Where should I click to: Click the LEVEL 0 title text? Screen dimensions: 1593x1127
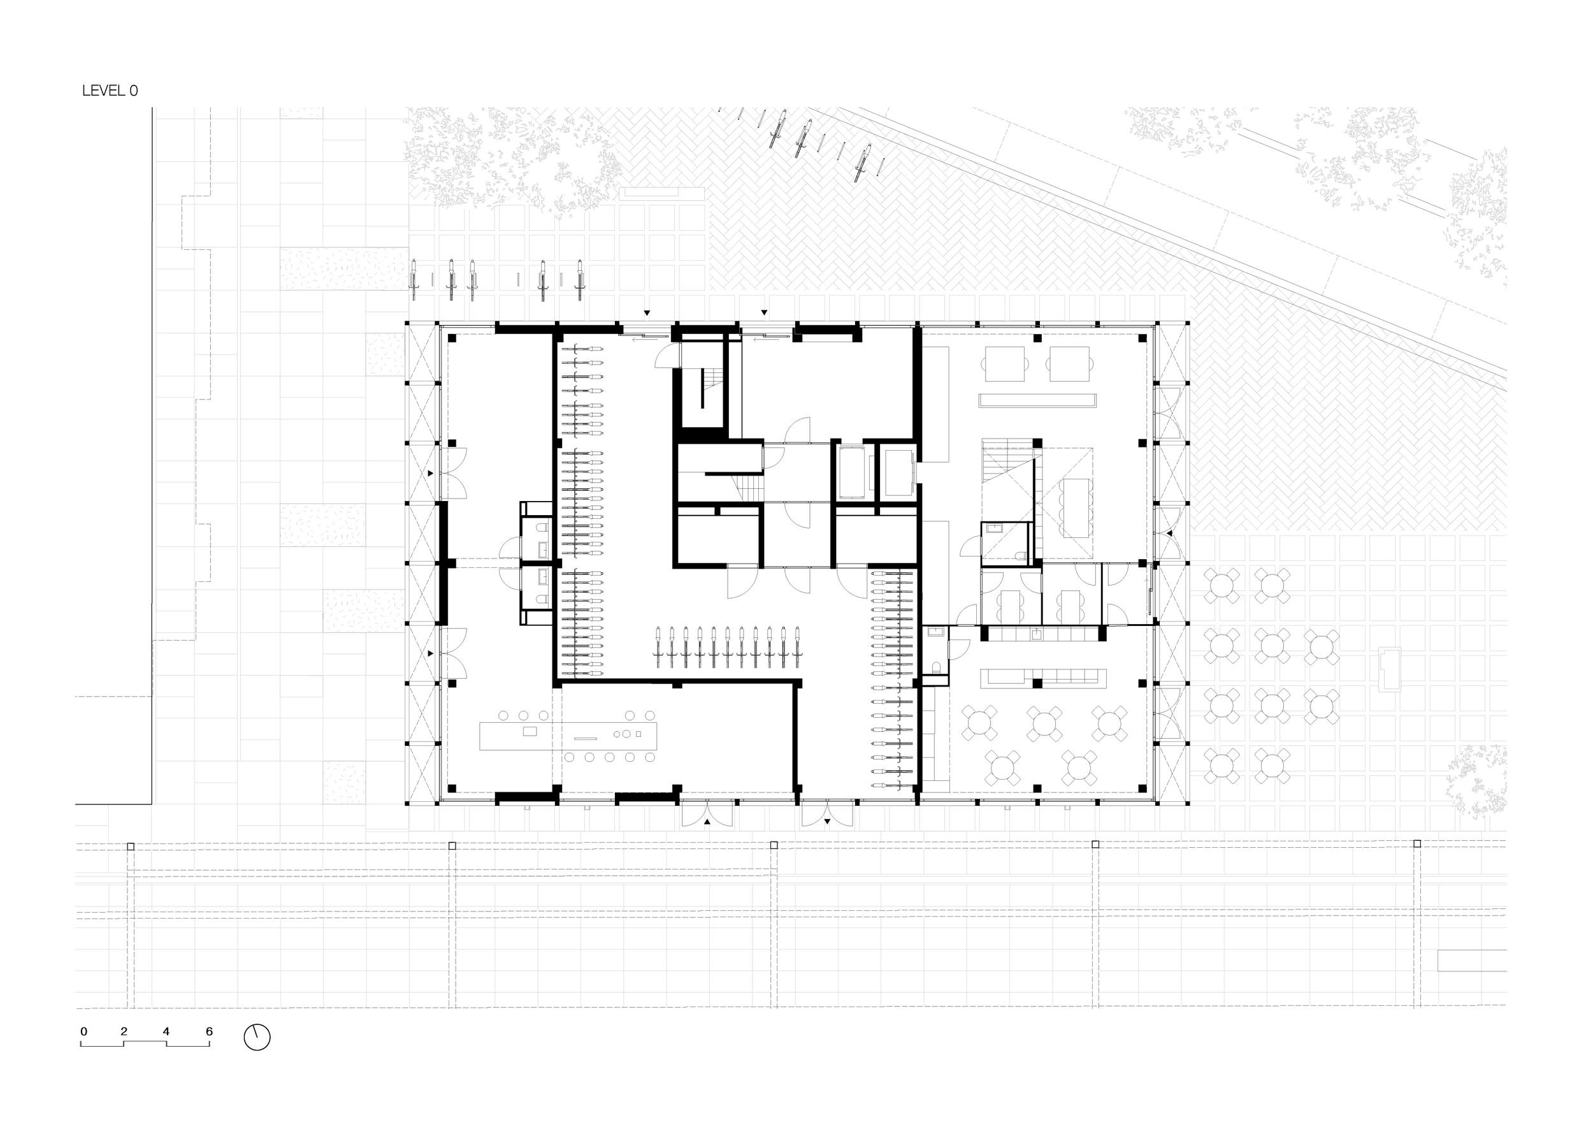(x=110, y=91)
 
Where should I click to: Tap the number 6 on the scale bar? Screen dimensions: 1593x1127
(x=209, y=1031)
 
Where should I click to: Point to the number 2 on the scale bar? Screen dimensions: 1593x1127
(x=124, y=1031)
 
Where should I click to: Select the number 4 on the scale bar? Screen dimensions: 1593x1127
(x=166, y=1031)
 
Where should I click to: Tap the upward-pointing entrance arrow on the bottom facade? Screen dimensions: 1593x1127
(x=707, y=821)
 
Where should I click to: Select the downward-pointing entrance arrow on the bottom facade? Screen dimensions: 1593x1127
(x=827, y=821)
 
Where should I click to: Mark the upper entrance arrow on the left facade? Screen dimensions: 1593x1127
(x=431, y=473)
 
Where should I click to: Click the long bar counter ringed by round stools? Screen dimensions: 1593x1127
(x=568, y=736)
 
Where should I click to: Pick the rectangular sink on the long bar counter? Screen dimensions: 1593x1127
(x=530, y=731)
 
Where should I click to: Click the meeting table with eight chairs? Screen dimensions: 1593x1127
(x=1074, y=507)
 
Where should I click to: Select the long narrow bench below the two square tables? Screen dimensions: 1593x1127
(x=1037, y=400)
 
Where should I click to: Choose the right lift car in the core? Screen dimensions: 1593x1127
(x=899, y=472)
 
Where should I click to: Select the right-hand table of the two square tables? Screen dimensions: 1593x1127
(x=1069, y=363)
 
